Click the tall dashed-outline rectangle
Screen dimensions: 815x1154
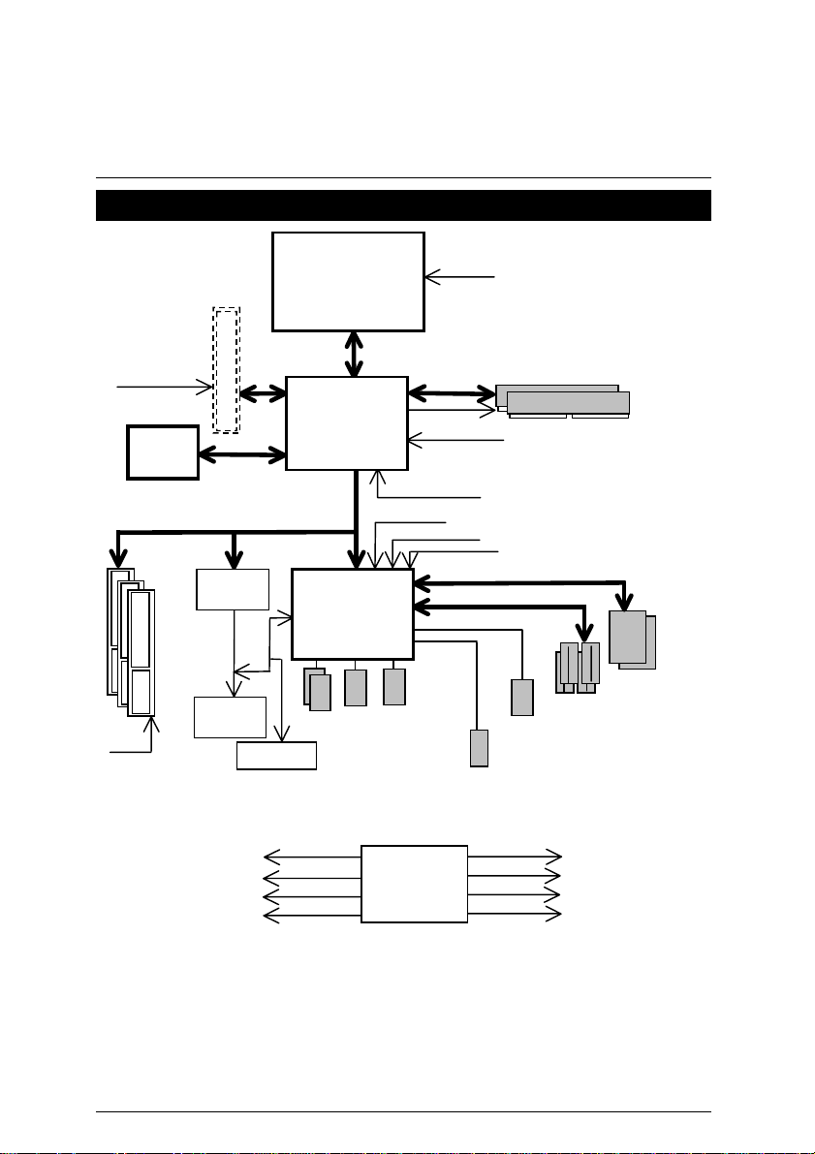click(226, 369)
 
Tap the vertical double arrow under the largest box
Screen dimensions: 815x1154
click(355, 354)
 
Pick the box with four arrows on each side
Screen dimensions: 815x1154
click(414, 884)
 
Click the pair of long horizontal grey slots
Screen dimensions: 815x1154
click(563, 400)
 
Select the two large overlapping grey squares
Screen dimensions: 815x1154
click(631, 639)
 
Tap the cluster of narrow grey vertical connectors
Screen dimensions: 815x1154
click(578, 669)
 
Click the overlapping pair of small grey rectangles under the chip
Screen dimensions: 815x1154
click(318, 689)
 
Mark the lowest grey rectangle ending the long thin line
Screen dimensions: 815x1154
click(479, 747)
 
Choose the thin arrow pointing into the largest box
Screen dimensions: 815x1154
click(460, 278)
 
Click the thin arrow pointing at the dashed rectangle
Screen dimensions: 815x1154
click(165, 388)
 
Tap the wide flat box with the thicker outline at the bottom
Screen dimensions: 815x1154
click(277, 755)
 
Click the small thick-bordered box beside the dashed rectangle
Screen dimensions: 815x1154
click(163, 452)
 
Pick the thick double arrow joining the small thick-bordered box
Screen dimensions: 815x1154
click(242, 452)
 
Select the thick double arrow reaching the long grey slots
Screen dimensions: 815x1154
click(452, 393)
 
